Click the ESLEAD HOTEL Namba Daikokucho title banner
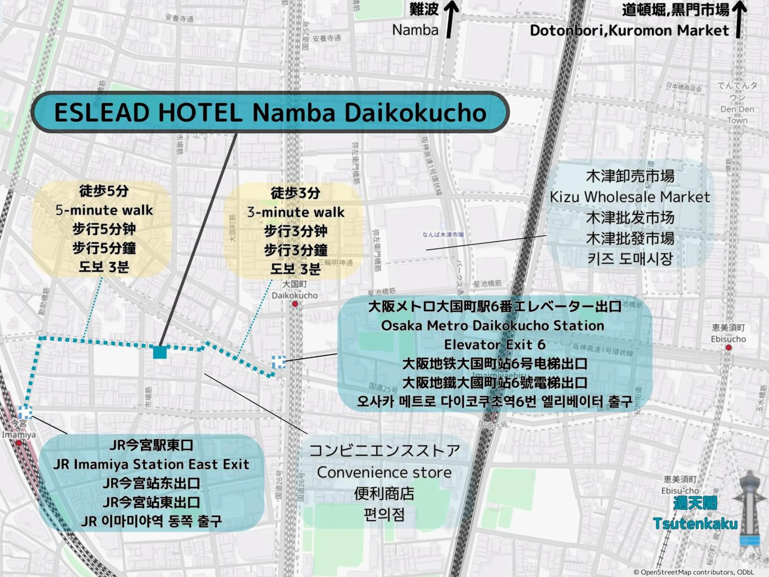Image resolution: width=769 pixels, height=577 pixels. [x=270, y=112]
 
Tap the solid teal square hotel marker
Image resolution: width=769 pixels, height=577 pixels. [x=160, y=352]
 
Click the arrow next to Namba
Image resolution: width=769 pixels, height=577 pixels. [x=451, y=19]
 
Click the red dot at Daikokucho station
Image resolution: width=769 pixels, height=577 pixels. [x=295, y=304]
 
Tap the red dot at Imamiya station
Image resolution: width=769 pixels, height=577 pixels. [x=19, y=443]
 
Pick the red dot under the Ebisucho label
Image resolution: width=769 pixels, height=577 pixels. [x=728, y=347]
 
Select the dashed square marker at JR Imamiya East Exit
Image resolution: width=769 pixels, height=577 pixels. [x=25, y=412]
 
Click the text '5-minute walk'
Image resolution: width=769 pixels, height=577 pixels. [x=104, y=210]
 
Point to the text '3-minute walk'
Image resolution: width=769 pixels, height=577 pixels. [x=296, y=212]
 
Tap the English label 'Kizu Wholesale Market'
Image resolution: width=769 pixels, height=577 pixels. [x=630, y=197]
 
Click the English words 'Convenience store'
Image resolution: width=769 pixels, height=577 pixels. [x=384, y=472]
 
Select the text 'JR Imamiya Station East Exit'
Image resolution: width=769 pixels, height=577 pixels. [x=151, y=464]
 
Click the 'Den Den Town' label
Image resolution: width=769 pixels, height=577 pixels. [x=737, y=114]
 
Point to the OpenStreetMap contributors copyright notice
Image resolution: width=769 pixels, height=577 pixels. [x=694, y=572]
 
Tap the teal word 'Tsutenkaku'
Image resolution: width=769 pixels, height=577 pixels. [x=695, y=523]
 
